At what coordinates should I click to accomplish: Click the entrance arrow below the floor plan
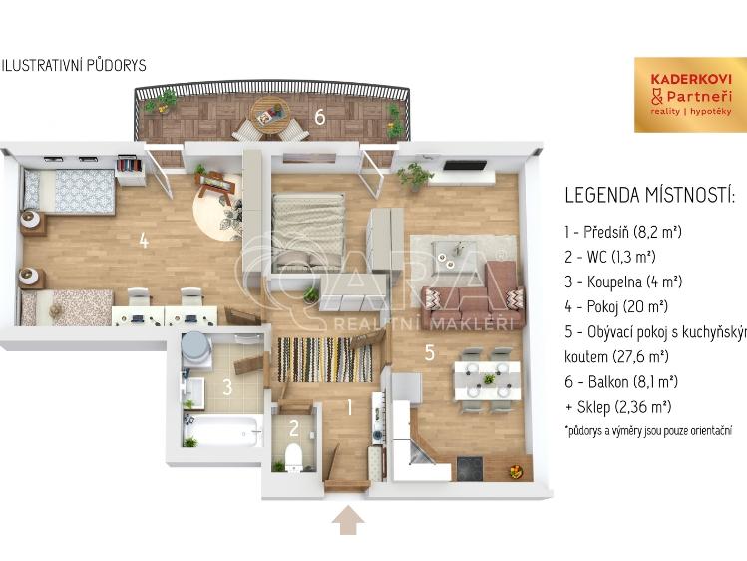click(348, 520)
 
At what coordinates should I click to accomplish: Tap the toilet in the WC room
click(294, 457)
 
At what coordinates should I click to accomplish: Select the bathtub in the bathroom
click(221, 432)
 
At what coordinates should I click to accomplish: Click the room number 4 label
click(145, 240)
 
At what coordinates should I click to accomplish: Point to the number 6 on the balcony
click(319, 117)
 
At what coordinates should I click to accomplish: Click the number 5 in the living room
click(429, 351)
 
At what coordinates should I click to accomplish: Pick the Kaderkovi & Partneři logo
click(690, 94)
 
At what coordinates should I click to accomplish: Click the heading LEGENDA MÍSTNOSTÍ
click(649, 195)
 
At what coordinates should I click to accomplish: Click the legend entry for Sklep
click(617, 406)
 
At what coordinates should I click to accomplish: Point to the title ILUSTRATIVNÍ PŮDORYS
click(75, 65)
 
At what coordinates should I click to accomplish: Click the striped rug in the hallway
click(324, 359)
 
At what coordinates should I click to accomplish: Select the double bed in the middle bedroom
click(309, 228)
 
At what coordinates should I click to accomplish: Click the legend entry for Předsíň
click(622, 232)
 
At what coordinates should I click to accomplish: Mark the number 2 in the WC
click(293, 429)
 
